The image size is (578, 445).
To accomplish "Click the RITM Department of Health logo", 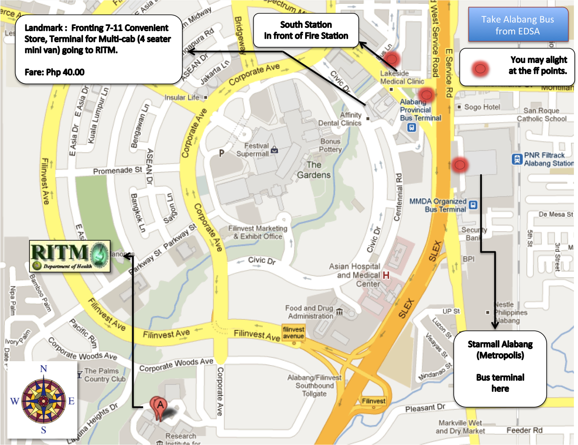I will [x=70, y=256].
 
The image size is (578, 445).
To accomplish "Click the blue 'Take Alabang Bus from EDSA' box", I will [x=518, y=25].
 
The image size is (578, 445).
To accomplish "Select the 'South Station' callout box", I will [x=306, y=30].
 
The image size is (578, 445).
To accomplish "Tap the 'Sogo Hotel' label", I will [x=482, y=107].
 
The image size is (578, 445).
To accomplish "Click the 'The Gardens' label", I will [x=314, y=170].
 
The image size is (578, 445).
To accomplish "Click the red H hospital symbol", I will [x=386, y=276].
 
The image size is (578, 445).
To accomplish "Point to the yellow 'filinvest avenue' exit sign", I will [x=293, y=332].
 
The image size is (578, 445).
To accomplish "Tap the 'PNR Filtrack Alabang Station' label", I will [x=548, y=159].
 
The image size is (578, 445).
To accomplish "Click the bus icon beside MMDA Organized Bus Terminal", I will [x=473, y=205].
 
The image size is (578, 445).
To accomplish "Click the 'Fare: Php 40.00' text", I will [x=54, y=72].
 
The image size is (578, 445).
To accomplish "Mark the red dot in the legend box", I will [x=480, y=69].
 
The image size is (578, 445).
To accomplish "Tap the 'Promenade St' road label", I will [x=117, y=170].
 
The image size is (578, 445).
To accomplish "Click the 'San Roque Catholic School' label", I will [x=541, y=115].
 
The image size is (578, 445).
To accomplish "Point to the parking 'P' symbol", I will [x=221, y=153].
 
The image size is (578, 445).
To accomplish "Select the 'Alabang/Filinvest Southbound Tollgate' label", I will [x=314, y=386].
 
